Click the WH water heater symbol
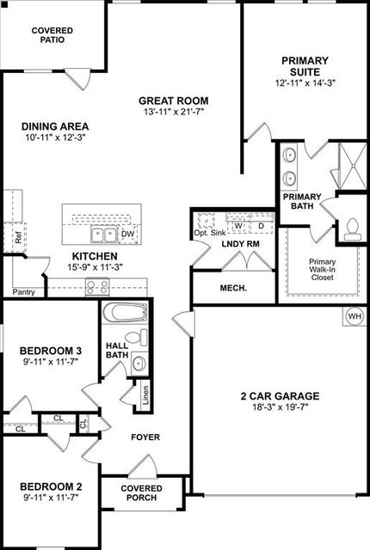[x=355, y=316]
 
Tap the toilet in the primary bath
[x=351, y=229]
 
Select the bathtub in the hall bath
[x=125, y=312]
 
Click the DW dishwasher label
[x=127, y=234]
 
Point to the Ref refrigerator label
[x=18, y=237]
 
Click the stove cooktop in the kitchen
[x=97, y=286]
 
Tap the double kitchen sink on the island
[x=103, y=235]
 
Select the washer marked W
[x=238, y=226]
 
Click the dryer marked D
[x=262, y=226]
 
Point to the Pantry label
[x=24, y=292]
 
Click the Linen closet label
[x=145, y=395]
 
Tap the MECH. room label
[x=233, y=289]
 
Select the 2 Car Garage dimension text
[x=281, y=407]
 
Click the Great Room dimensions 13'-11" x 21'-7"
[x=174, y=112]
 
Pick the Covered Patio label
[x=52, y=35]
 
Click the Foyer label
[x=145, y=437]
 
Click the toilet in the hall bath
[x=138, y=337]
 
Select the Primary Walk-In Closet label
[x=323, y=269]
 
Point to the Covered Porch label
[x=141, y=492]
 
